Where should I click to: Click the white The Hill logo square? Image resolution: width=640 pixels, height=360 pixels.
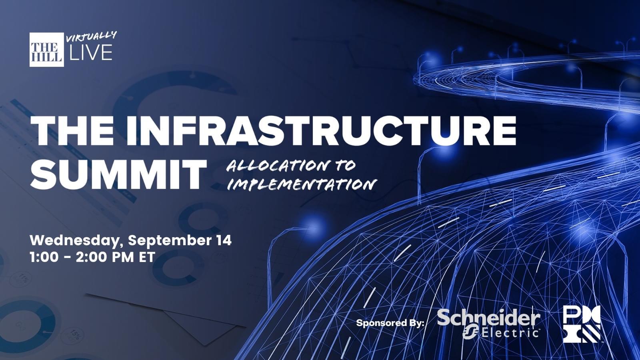coord(46,50)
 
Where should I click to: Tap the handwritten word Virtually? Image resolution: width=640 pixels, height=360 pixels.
coord(92,36)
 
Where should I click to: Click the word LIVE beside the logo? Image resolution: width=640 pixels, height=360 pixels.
coord(91,52)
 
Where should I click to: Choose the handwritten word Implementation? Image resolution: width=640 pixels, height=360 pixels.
coord(302,184)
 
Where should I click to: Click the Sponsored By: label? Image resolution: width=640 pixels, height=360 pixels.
coord(390,323)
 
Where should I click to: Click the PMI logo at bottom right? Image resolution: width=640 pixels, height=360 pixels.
coord(582,324)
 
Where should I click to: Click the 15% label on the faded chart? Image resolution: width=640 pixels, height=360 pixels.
coord(75,336)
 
